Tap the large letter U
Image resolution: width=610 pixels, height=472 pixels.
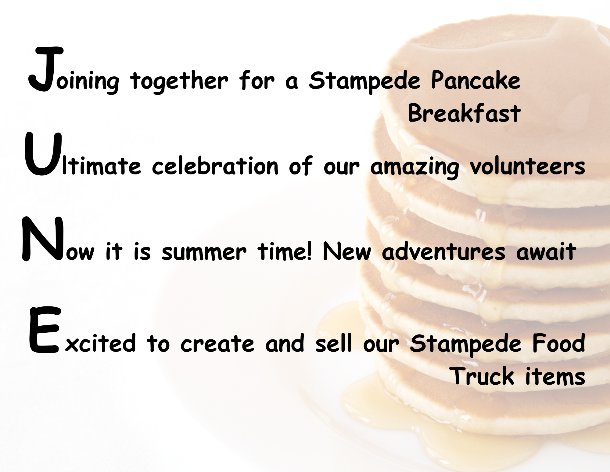[x=43, y=154]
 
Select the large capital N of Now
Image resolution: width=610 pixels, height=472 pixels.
[x=43, y=239]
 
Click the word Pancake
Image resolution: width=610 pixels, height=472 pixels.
[x=476, y=80]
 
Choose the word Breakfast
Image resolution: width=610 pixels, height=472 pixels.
[x=464, y=113]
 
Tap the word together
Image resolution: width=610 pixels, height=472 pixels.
[x=179, y=81]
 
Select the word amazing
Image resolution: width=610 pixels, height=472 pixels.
[x=415, y=167]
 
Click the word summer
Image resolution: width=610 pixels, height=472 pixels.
[x=204, y=253]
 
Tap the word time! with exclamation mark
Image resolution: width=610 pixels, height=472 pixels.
[x=285, y=251]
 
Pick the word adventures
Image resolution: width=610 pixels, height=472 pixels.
[x=443, y=251]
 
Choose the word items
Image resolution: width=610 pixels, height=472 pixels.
[x=555, y=376]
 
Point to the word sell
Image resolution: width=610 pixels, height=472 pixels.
[x=334, y=343]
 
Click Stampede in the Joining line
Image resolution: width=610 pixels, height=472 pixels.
[x=365, y=81]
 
